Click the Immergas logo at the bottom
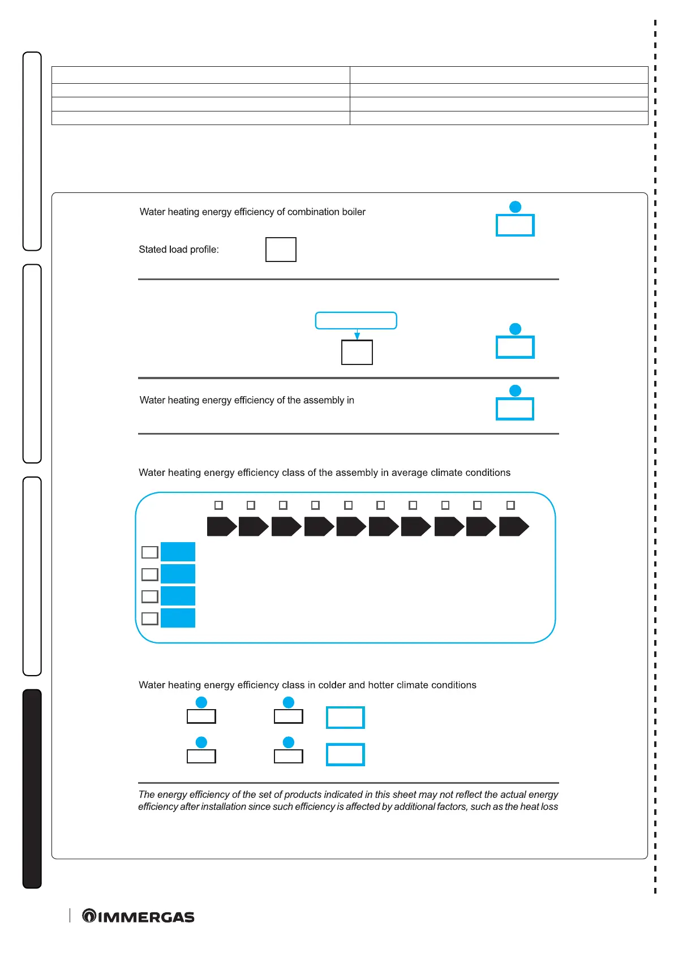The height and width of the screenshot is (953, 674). pos(138,916)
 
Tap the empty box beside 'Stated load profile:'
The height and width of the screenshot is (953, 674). pos(281,250)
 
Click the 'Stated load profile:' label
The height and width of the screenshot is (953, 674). pos(179,250)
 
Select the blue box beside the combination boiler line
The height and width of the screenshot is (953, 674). pos(515,225)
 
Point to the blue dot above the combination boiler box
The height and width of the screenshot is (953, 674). pos(515,207)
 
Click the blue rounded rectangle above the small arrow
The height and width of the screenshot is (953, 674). pos(355,320)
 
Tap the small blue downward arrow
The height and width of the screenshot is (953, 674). pos(357,335)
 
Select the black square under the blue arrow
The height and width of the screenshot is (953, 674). pos(357,352)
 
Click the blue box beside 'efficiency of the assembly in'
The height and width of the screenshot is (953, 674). pos(515,409)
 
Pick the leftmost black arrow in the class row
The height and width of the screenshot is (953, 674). pos(221,526)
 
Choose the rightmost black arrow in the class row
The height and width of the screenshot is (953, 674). pos(513,526)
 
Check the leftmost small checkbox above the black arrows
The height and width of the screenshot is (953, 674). pos(219,505)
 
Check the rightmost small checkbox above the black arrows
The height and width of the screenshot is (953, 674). pos(510,505)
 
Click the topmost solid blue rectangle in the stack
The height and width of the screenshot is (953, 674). pos(178,552)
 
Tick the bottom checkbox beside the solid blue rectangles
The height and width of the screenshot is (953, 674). pos(149,619)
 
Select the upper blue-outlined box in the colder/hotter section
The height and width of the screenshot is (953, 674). pos(345,718)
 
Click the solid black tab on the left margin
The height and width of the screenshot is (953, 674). pos(32,788)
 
